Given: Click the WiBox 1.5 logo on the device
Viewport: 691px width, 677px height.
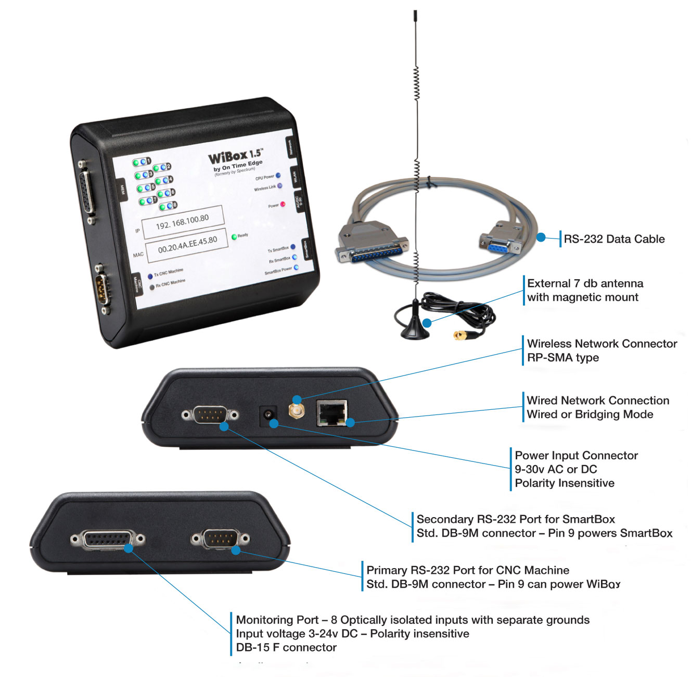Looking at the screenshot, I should point(235,156).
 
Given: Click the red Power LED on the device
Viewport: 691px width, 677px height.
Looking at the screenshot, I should point(283,204).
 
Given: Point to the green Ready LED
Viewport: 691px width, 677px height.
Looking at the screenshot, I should point(234,237).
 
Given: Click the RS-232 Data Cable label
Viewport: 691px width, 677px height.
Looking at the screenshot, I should point(614,239).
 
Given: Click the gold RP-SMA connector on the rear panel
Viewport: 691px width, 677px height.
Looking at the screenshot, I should point(297,411).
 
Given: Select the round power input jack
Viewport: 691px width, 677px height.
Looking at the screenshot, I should point(268,415).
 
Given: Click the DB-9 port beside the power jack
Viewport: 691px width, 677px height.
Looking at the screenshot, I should point(210,415).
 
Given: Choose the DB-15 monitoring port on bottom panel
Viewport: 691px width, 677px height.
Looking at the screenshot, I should point(108,540).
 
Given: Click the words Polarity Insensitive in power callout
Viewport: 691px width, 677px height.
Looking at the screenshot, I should point(565,483).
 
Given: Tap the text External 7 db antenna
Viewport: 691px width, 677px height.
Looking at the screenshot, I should point(585,283).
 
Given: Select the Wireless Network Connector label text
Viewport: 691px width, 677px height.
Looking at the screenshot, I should point(602,344).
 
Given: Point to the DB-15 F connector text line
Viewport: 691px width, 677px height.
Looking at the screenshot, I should point(286,647).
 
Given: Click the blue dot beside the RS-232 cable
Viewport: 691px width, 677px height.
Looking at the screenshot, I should point(541,237).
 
